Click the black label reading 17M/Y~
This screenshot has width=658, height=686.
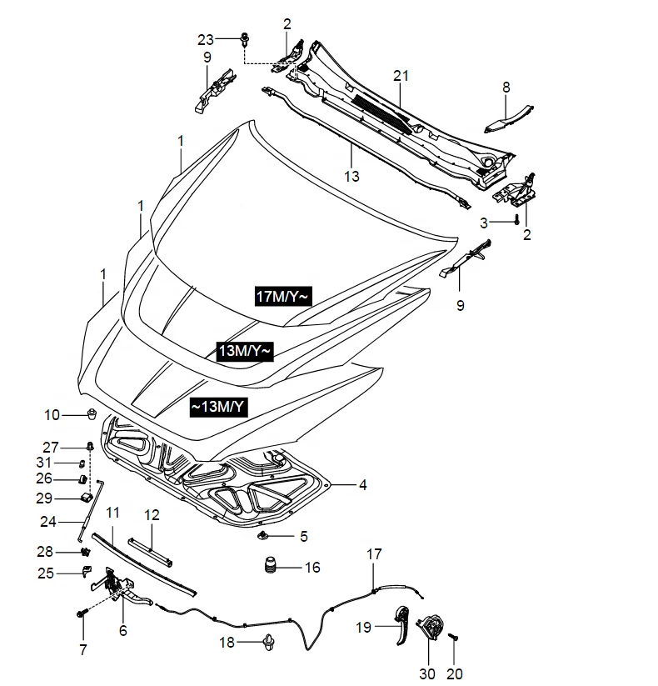(x=283, y=295)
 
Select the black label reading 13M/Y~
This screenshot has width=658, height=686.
(x=244, y=352)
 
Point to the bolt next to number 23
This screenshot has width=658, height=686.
(x=245, y=38)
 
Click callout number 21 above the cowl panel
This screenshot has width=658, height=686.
(x=401, y=77)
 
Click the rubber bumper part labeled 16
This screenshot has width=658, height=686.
(x=269, y=568)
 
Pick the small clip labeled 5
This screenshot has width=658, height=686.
(x=264, y=535)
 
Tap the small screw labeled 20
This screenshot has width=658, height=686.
(x=455, y=638)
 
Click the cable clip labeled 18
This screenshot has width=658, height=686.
(x=268, y=642)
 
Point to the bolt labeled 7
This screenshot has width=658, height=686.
(x=82, y=614)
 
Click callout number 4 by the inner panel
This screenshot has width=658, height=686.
(x=362, y=483)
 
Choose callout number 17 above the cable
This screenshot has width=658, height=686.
(x=374, y=553)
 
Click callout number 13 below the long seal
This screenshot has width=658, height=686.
(x=351, y=176)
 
